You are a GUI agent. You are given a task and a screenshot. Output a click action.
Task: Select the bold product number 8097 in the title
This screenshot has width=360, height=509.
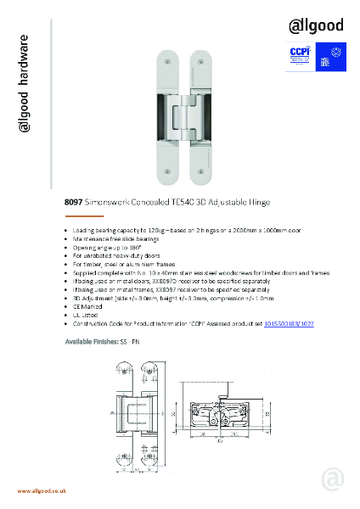click(72, 203)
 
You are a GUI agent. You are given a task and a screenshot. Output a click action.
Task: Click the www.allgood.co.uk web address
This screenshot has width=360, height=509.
click(42, 492)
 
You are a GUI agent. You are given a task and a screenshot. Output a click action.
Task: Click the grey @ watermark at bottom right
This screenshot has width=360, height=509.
click(332, 479)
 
